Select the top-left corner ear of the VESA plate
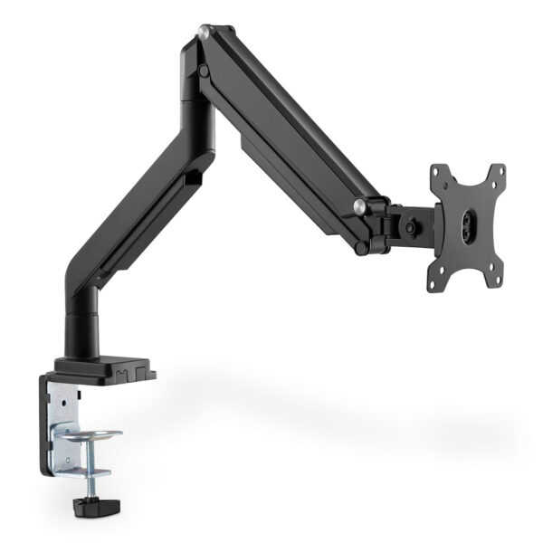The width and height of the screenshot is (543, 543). (439, 172)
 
